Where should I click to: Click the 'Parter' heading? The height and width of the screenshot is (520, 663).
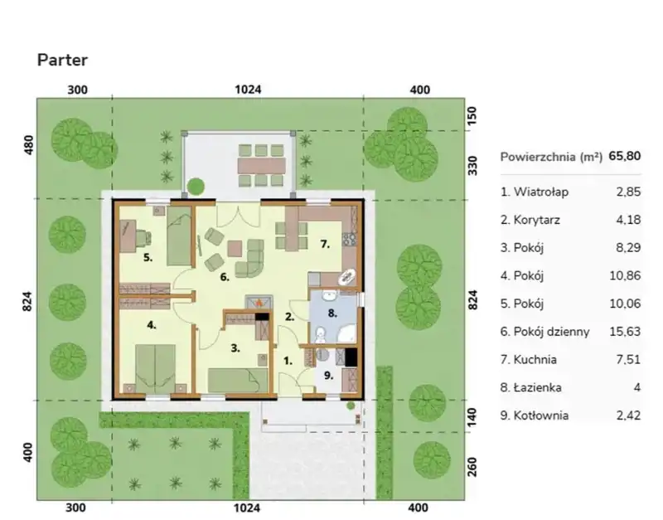tap(63, 60)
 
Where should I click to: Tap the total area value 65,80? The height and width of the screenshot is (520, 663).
tap(625, 156)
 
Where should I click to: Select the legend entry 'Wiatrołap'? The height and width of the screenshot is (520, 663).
tap(535, 192)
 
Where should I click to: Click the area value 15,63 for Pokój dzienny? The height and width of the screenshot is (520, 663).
tap(625, 331)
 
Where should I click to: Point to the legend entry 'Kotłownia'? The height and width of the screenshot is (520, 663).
tap(535, 415)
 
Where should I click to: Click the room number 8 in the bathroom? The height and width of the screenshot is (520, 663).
tap(332, 313)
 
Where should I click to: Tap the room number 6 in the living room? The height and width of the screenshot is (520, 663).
tap(224, 277)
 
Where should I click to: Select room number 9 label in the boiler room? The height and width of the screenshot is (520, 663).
tap(328, 375)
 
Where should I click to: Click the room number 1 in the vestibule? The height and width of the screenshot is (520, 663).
tap(288, 361)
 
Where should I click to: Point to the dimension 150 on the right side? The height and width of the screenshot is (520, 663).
tap(472, 115)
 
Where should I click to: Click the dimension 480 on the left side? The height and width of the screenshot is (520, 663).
tap(28, 144)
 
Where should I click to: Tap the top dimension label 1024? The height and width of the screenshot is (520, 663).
tap(248, 90)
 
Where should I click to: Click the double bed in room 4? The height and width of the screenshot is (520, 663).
tap(155, 369)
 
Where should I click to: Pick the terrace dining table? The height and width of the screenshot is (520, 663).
tap(261, 166)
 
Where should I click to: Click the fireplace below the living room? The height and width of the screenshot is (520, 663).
tap(259, 302)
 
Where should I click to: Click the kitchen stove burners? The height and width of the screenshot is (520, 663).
tap(350, 240)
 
